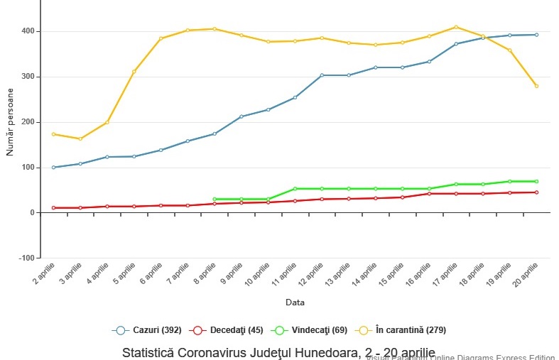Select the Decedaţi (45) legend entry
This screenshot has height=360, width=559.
(227, 330)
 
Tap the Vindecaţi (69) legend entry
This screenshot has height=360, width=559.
(311, 330)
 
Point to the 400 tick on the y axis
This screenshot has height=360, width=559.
(28, 31)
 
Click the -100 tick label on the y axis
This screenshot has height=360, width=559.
(26, 258)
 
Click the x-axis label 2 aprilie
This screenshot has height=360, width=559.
(44, 273)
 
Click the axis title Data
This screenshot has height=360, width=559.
(295, 302)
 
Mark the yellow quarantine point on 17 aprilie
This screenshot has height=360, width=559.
(456, 27)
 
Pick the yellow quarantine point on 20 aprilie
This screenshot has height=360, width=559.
(536, 86)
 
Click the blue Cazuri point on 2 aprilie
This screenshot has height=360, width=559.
(53, 168)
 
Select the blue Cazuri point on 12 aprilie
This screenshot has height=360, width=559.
(322, 75)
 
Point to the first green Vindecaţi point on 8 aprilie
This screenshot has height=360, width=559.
(215, 199)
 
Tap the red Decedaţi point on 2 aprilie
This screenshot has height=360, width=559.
(53, 207)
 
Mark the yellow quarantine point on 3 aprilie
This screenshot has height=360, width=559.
(80, 138)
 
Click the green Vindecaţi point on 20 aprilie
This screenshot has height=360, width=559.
(536, 181)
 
